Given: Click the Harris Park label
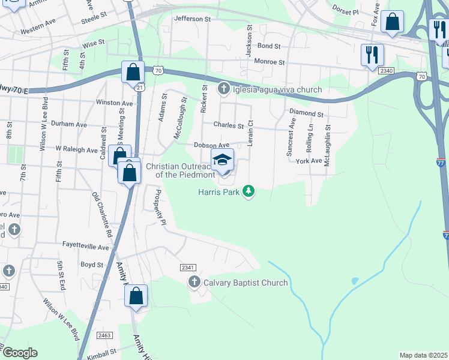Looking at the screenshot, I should [x=219, y=192].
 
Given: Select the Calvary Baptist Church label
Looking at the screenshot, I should [x=246, y=283].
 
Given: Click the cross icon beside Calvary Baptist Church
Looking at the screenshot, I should [x=194, y=282].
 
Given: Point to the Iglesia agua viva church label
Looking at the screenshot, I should [x=277, y=90].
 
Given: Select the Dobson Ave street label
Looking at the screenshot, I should [x=211, y=145].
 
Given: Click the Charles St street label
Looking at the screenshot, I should [x=229, y=126].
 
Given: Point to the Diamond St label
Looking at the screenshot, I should [x=306, y=113].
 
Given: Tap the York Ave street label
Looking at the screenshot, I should [x=309, y=161].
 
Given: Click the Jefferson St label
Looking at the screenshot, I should [x=192, y=19].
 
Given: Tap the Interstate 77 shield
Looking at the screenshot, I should [x=441, y=162].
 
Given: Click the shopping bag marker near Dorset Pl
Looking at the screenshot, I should [x=392, y=22].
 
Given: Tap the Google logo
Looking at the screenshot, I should [x=19, y=353].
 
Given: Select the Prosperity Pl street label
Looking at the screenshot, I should [x=159, y=207].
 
